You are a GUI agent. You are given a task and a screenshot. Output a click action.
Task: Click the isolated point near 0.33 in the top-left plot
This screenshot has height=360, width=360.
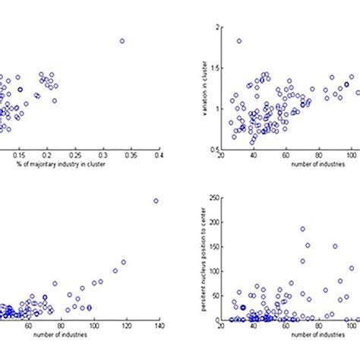[x=122, y=41]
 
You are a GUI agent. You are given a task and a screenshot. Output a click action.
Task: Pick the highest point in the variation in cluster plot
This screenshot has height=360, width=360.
[x=239, y=41]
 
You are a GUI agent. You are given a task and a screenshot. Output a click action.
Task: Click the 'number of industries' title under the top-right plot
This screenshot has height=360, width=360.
[x=289, y=164]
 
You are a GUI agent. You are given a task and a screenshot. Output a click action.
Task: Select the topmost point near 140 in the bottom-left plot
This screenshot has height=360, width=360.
[x=156, y=201]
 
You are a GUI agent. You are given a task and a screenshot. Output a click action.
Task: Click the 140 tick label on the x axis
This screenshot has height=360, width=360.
[x=159, y=326]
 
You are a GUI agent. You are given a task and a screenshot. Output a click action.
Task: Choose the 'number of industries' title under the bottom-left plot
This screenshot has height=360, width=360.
[x=76, y=334]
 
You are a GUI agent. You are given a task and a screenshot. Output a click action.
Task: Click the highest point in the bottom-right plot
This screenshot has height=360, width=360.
[x=302, y=229]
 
